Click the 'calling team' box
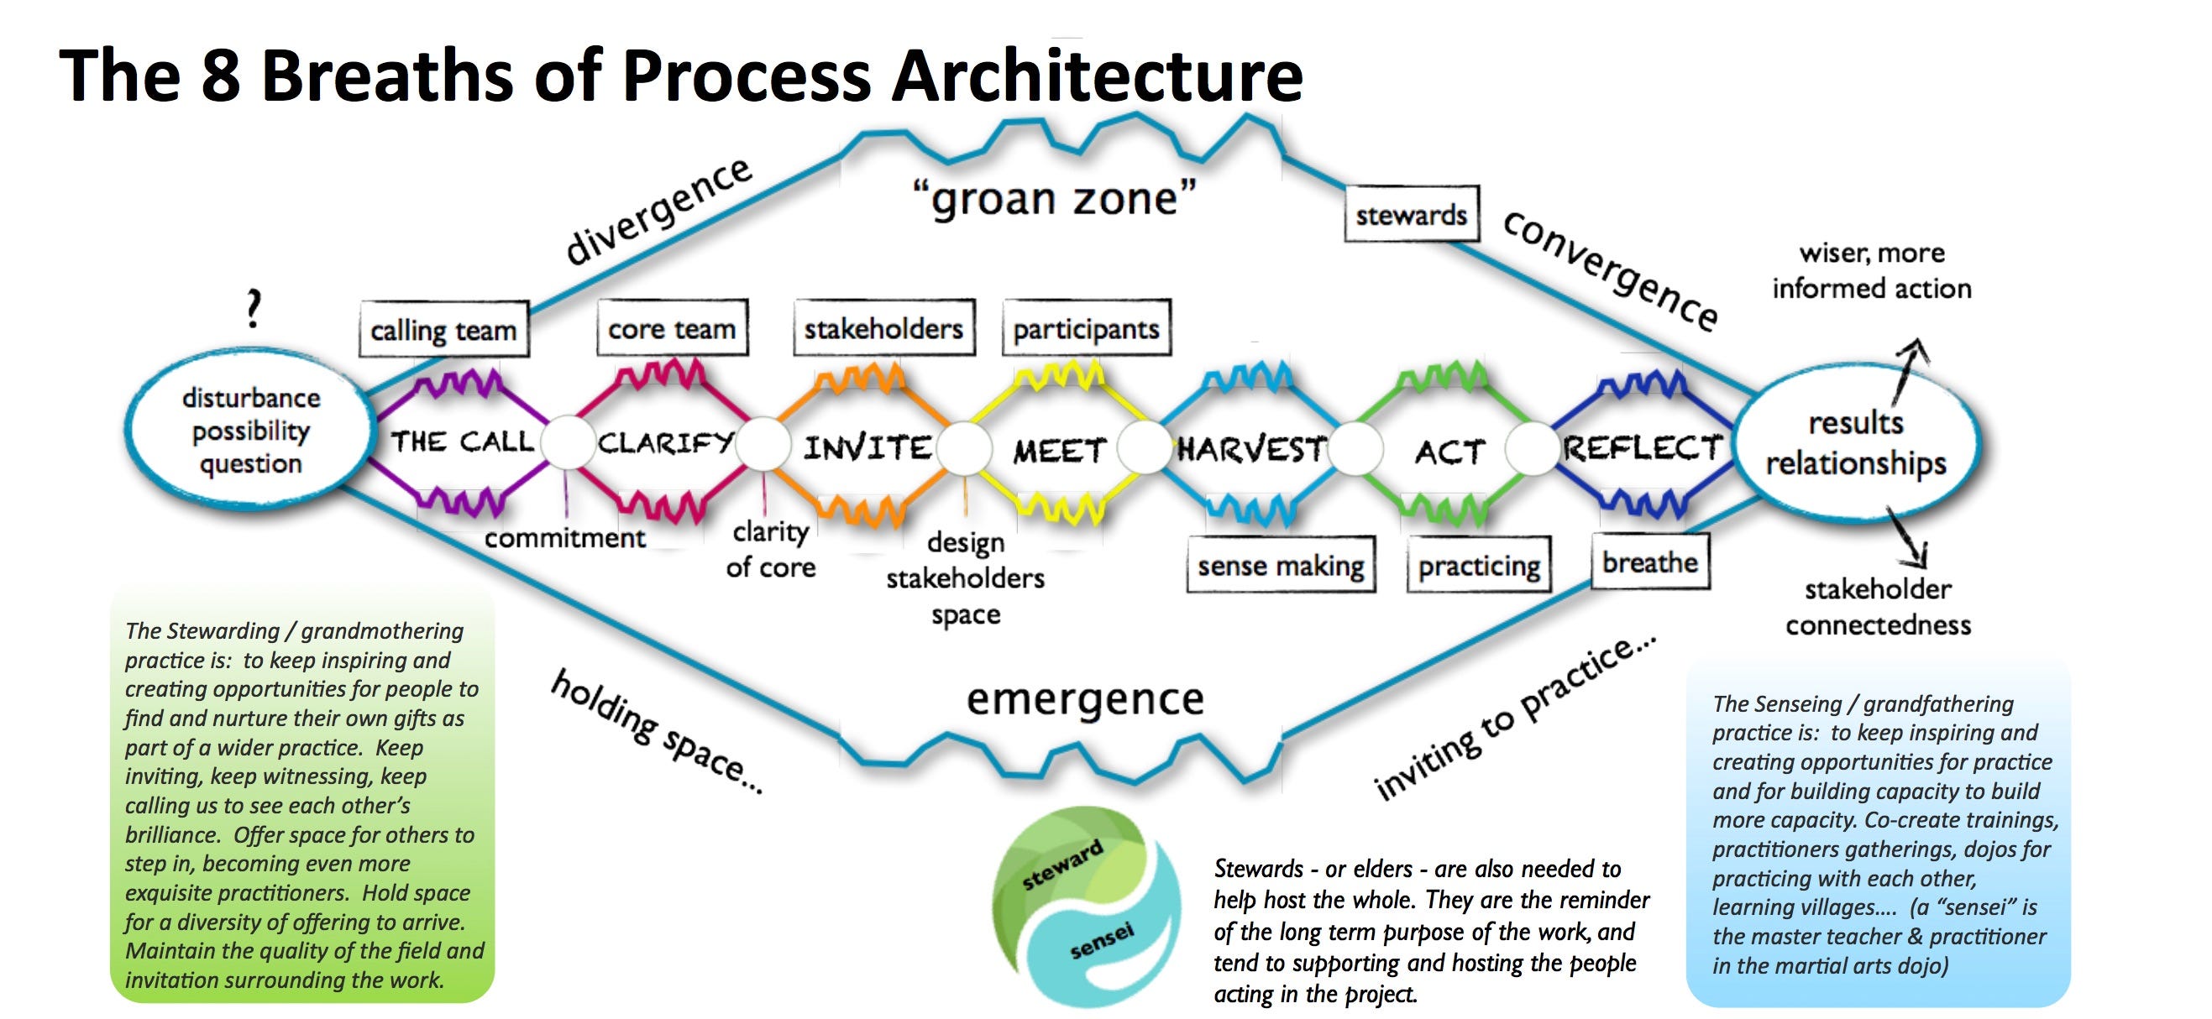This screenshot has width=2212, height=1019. pyautogui.click(x=443, y=330)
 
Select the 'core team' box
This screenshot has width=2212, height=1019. pyautogui.click(x=673, y=328)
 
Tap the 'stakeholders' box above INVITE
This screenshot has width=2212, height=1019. pyautogui.click(x=883, y=328)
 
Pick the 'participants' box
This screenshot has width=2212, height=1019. pyautogui.click(x=1086, y=328)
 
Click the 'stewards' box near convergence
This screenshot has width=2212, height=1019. pyautogui.click(x=1411, y=214)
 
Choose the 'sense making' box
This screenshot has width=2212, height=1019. pyautogui.click(x=1281, y=565)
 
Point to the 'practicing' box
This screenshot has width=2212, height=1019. pyautogui.click(x=1479, y=565)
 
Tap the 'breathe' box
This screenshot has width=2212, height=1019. pyautogui.click(x=1649, y=562)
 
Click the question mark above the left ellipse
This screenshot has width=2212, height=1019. pyautogui.click(x=253, y=309)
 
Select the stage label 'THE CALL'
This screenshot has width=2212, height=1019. pyautogui.click(x=462, y=442)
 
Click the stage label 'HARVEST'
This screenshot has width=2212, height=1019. pyautogui.click(x=1252, y=448)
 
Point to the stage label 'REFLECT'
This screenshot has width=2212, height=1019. pyautogui.click(x=1642, y=447)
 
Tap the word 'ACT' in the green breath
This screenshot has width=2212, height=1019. pyautogui.click(x=1449, y=451)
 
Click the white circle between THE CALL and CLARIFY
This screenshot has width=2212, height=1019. pyautogui.click(x=567, y=442)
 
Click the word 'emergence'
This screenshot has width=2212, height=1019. pyautogui.click(x=1085, y=699)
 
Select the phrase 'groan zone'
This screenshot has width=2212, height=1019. pyautogui.click(x=1055, y=199)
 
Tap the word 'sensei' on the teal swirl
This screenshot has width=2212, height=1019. pyautogui.click(x=1102, y=941)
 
